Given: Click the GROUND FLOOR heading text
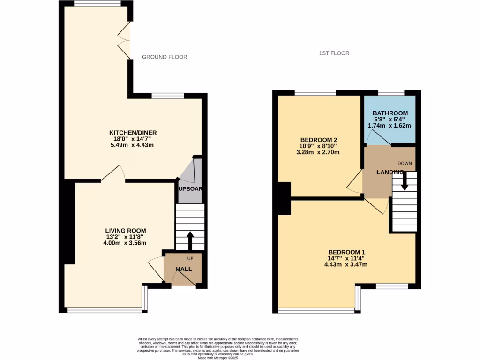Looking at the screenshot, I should click(x=165, y=57).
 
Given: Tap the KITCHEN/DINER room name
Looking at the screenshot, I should click(x=133, y=133).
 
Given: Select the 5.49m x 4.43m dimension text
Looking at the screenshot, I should click(x=133, y=145).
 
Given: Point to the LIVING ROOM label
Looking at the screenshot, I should click(x=125, y=231).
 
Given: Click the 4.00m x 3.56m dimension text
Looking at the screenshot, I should click(x=125, y=243).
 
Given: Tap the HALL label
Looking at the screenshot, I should click(x=184, y=269).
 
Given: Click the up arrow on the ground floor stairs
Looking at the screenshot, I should click(x=190, y=240).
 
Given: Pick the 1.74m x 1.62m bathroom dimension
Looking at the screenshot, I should click(x=390, y=126).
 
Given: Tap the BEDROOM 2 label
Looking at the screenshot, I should click(x=318, y=140).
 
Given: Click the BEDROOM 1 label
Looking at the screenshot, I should click(x=346, y=251).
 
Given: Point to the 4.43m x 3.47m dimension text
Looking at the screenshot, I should click(x=346, y=264).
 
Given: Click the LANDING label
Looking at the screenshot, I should click(x=390, y=172).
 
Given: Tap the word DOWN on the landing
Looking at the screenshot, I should click(x=405, y=163).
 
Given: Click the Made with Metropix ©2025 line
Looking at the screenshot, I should click(x=218, y=358).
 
